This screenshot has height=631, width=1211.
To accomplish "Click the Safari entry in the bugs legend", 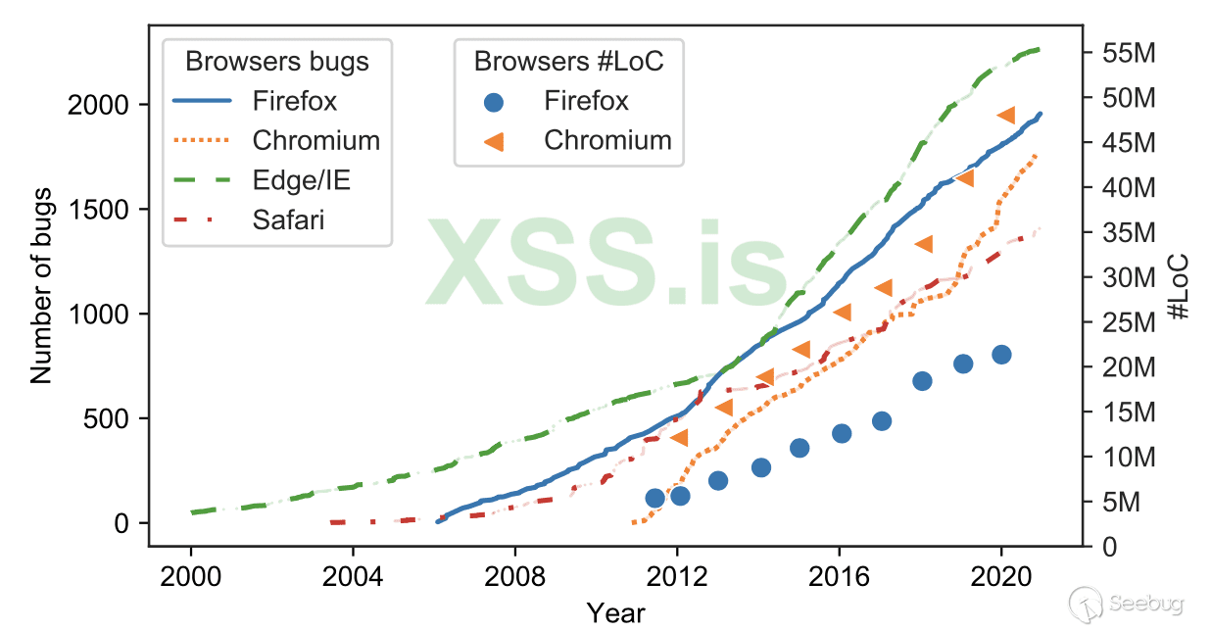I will click(287, 220).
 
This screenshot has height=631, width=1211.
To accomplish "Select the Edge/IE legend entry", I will click(300, 180).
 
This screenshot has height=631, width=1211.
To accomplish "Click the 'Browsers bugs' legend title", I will click(277, 62).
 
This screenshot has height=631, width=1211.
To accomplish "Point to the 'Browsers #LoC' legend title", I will click(569, 62).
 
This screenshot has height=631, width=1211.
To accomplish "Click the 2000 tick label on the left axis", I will click(98, 105).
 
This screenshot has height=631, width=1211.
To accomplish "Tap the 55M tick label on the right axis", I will click(1122, 54).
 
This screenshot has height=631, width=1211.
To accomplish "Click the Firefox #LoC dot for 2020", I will click(1001, 355).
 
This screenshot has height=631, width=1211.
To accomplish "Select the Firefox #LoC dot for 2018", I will click(922, 381).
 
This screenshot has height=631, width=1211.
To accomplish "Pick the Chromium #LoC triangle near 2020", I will click(1005, 116).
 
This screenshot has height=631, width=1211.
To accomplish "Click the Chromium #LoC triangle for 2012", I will click(679, 437).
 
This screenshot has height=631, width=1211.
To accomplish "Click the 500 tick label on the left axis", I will click(106, 419).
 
